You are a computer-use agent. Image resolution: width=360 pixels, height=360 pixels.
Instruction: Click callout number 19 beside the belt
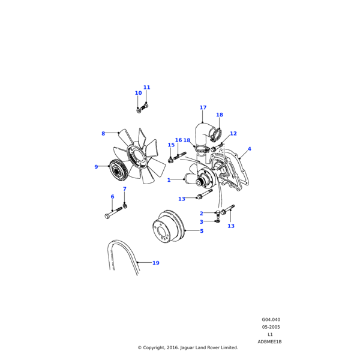156,263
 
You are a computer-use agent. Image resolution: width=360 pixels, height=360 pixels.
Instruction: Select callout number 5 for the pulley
202,231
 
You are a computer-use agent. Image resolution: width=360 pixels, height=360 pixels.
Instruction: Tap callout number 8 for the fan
103,134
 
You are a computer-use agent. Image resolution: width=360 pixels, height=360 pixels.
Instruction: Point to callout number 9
96,167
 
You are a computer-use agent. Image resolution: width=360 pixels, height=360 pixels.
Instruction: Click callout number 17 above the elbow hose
203,107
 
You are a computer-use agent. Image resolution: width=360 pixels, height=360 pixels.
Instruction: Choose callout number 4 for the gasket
250,149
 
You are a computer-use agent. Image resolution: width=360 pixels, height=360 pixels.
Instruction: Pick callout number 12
233,133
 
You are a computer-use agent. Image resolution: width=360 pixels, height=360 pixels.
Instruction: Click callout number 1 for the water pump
169,180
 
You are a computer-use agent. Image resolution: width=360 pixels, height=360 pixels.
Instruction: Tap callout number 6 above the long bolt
113,197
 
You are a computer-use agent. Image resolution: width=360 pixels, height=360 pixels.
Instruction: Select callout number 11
147,88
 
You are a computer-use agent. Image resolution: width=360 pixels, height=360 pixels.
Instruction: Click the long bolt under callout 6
113,212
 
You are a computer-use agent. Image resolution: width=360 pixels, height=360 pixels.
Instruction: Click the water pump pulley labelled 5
168,227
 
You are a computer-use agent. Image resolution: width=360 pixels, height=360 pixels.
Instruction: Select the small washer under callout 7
125,206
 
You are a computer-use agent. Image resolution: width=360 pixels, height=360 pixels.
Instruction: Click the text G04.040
271,320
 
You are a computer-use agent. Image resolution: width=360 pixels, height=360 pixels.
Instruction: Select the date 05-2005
271,327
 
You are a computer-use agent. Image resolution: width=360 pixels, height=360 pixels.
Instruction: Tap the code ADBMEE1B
269,342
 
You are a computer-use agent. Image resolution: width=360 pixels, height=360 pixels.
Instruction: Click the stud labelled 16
180,155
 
